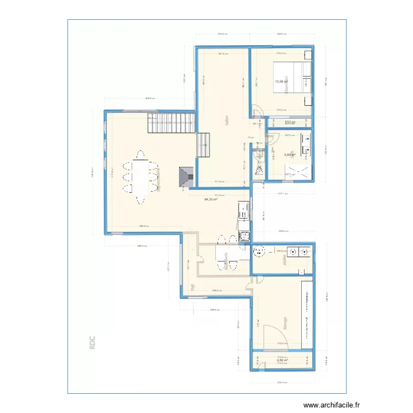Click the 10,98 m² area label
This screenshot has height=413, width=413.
coord(282,82)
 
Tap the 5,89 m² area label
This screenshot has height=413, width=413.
coord(290,155)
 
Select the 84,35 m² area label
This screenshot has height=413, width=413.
coord(210,199)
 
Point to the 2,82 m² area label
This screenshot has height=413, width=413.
coord(282,361)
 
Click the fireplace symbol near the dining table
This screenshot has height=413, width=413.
coord(185,177)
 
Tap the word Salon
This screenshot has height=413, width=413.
coord(227,122)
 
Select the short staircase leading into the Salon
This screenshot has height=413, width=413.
coord(204,145)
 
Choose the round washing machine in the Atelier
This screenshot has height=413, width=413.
coord(258,252)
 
